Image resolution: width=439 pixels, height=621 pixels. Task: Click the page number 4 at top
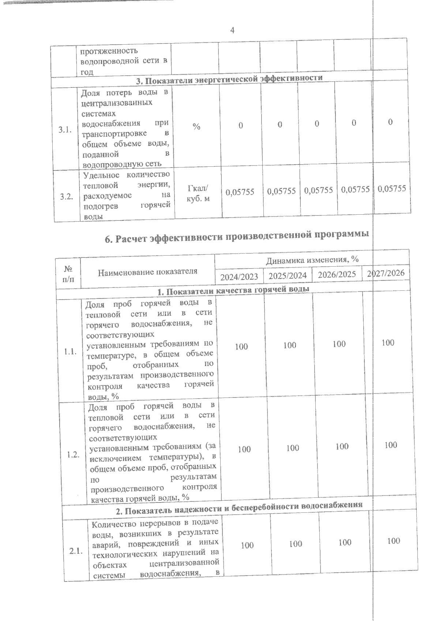coord(232,30)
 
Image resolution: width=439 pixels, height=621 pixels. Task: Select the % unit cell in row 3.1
coord(196,127)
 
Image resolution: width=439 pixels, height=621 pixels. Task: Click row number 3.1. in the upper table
coord(64,130)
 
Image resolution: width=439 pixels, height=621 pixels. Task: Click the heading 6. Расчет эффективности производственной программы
coord(236,237)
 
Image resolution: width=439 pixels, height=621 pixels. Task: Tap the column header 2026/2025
coord(337,274)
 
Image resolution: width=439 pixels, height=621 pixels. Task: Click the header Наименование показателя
coord(147,271)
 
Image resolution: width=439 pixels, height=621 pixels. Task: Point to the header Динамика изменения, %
coord(312,260)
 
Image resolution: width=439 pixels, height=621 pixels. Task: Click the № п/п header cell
coord(68,274)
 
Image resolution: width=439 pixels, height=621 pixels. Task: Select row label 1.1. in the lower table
coord(70,352)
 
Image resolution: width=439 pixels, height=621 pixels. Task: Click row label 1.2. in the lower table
coord(73,455)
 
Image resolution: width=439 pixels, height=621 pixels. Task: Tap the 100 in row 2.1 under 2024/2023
coord(247,545)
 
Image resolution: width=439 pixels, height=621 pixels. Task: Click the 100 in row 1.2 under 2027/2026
coord(391,445)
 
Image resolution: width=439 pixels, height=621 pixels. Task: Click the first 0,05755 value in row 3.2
coord(240,192)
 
